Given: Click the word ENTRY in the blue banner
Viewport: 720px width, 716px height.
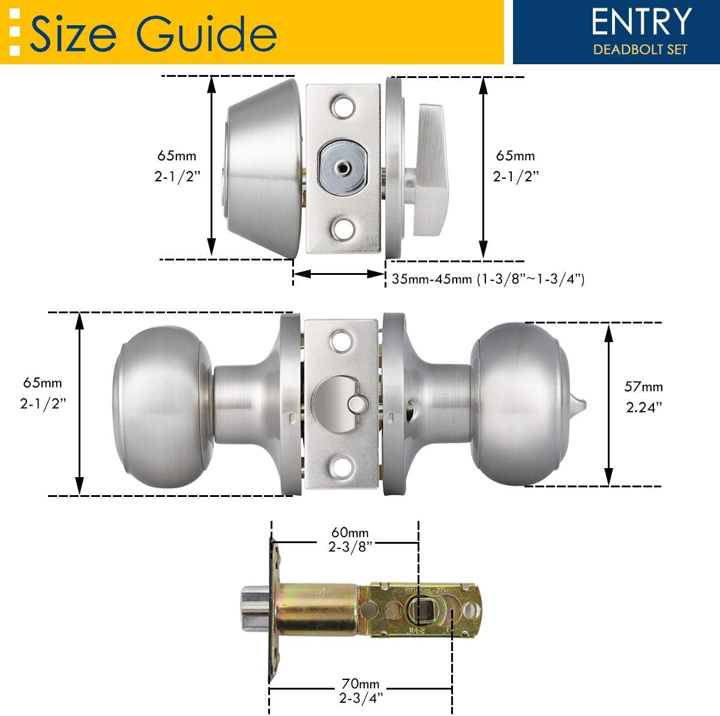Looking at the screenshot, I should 641,22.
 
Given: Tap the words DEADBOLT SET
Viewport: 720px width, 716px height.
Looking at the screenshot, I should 640,49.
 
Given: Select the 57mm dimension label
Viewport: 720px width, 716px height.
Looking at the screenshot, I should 643,387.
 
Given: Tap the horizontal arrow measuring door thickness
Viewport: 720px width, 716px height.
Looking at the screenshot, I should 338,274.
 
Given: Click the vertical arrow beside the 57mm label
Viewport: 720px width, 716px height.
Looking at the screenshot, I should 609,404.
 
